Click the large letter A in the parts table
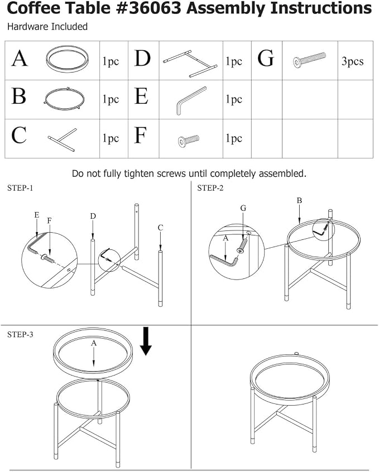20,59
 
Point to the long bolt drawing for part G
309,60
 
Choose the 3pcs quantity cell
352,61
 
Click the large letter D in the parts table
142,59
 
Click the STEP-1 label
20,188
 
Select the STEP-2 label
210,188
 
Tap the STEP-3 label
20,334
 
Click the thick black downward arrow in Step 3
146,341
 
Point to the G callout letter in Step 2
243,208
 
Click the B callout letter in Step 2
299,200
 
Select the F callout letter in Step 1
50,220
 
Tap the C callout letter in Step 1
160,228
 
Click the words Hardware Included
47,26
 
